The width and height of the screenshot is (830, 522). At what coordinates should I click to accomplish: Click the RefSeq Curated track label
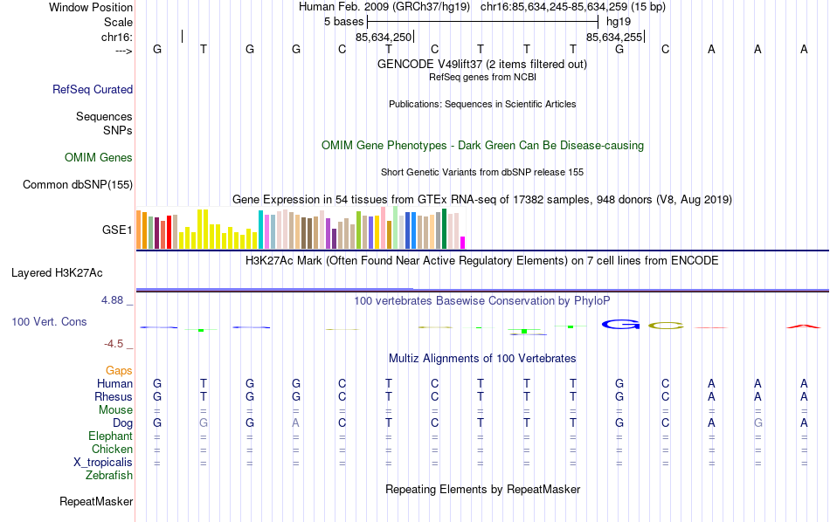pyautogui.click(x=93, y=89)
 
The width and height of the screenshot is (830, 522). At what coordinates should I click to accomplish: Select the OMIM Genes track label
pyautogui.click(x=99, y=158)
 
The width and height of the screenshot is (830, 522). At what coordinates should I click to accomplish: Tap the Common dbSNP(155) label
pyautogui.click(x=78, y=184)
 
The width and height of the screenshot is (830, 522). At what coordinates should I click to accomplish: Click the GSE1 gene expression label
pyautogui.click(x=117, y=230)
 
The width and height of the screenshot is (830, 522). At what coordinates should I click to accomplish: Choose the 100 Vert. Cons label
pyautogui.click(x=49, y=322)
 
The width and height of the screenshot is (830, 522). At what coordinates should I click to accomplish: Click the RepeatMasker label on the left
pyautogui.click(x=96, y=502)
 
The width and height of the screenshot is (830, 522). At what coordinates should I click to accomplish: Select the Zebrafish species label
pyautogui.click(x=109, y=476)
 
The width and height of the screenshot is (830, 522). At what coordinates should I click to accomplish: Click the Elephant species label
pyautogui.click(x=111, y=436)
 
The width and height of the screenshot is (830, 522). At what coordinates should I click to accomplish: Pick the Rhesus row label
pyautogui.click(x=114, y=397)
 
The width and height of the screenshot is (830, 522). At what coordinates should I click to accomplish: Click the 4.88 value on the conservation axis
pyautogui.click(x=114, y=300)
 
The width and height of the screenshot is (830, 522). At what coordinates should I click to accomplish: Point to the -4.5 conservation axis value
pyautogui.click(x=115, y=344)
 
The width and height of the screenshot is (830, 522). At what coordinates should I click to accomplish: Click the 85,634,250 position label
pyautogui.click(x=384, y=38)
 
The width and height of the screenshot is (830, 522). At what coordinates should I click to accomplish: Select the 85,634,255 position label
pyautogui.click(x=614, y=38)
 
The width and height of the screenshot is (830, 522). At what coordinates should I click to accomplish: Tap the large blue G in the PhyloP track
pyautogui.click(x=619, y=326)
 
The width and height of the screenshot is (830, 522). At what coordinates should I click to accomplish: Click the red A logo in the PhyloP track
pyautogui.click(x=804, y=326)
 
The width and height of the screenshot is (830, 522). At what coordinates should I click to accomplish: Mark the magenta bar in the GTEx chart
pyautogui.click(x=463, y=243)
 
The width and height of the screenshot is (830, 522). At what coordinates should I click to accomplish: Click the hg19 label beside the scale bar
pyautogui.click(x=618, y=20)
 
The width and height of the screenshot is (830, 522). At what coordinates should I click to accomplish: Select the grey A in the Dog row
pyautogui.click(x=296, y=423)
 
